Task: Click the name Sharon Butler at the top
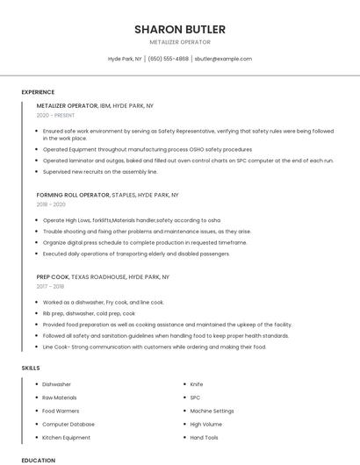[x=179, y=29]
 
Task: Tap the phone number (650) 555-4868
[x=169, y=59]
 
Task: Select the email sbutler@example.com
[x=223, y=59]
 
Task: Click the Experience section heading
[x=38, y=92]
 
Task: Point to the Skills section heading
[x=31, y=368]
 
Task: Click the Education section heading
[x=38, y=460]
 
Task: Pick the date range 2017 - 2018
[x=50, y=286]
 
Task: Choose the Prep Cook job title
[x=53, y=276]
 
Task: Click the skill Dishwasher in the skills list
[x=57, y=384]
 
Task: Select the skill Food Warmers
[x=60, y=411]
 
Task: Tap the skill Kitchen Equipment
[x=66, y=437]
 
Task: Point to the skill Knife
[x=197, y=384]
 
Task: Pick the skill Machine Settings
[x=212, y=411]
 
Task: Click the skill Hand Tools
[x=205, y=437]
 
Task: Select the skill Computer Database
[x=67, y=424]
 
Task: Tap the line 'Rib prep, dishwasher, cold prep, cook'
[x=89, y=313]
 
